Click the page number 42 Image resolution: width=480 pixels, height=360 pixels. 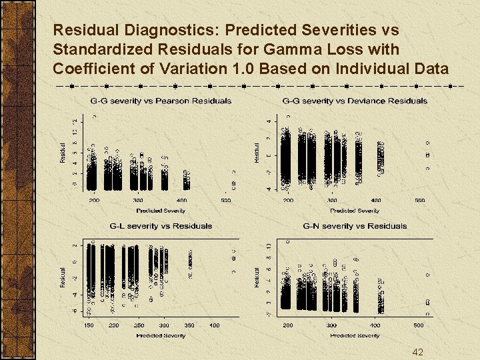[x=417, y=352]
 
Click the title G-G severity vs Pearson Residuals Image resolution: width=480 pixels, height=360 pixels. [x=161, y=101]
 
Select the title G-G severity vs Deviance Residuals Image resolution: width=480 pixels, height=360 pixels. [x=355, y=101]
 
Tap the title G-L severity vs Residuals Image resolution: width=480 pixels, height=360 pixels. [x=161, y=226]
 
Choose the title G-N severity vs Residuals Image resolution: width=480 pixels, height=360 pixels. [x=355, y=226]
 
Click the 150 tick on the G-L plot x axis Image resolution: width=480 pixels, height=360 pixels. [x=89, y=325]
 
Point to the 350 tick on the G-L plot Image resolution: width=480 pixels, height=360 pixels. [x=189, y=325]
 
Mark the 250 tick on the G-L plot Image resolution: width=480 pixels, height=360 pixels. [x=139, y=325]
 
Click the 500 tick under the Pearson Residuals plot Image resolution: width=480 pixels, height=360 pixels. [x=226, y=200]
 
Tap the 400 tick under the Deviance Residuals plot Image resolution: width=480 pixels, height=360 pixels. [x=376, y=200]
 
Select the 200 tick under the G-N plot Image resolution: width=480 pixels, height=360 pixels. [x=288, y=325]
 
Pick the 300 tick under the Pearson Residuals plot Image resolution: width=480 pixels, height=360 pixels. [x=137, y=200]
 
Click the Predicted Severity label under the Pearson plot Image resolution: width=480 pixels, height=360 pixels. [x=161, y=211]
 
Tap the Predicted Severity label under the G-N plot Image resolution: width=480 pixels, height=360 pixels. [x=355, y=335]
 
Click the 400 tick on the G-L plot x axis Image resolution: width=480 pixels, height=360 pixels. [x=214, y=325]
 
